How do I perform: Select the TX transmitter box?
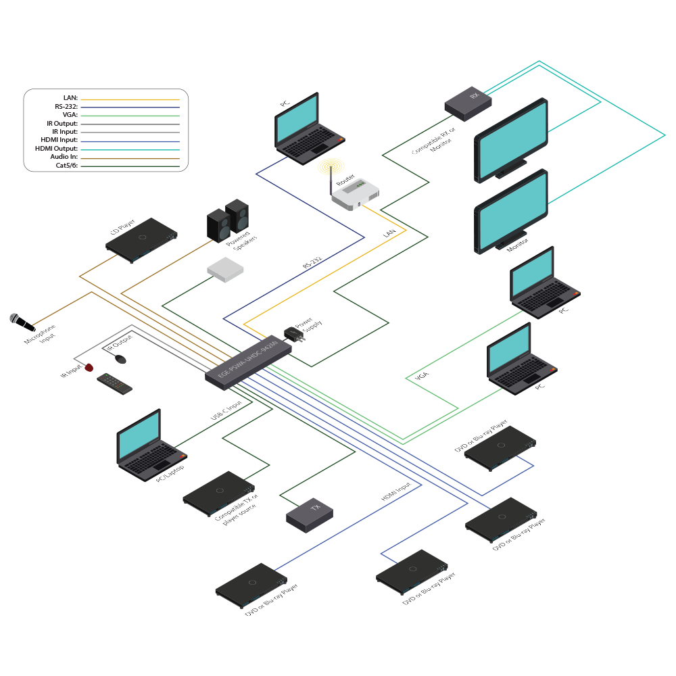[x=310, y=514]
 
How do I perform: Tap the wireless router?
[x=354, y=194]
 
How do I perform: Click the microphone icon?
[x=18, y=320]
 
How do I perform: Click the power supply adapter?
[x=294, y=334]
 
